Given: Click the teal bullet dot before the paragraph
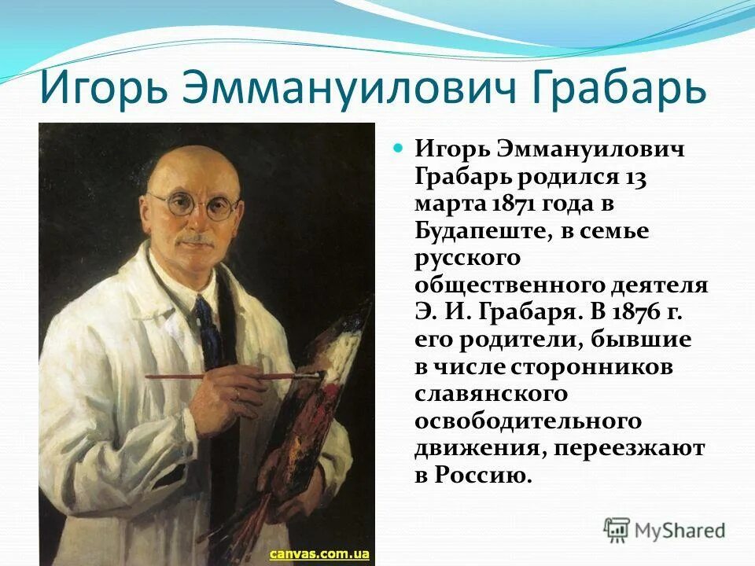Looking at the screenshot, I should click(397, 147).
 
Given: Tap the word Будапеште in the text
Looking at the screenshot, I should click(477, 231).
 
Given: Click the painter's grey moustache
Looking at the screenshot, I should click(197, 238).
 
